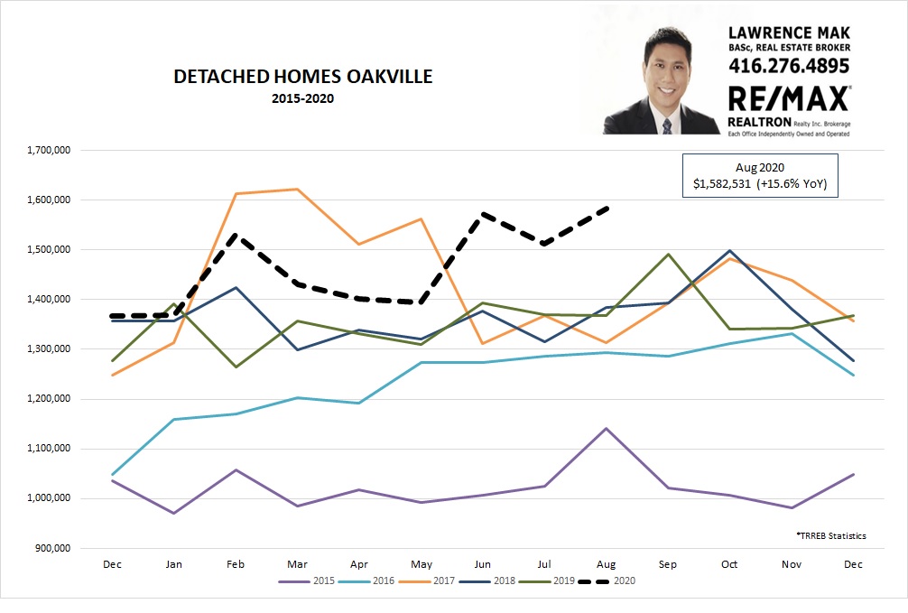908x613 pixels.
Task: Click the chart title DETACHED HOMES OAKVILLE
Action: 302,77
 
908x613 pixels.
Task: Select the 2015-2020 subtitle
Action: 302,98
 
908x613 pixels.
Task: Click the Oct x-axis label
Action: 729,564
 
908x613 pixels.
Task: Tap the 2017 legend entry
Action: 433,581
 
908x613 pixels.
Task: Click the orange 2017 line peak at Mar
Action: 296,190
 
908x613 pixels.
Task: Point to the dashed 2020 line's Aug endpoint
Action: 608,209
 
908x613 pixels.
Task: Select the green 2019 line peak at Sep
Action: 667,254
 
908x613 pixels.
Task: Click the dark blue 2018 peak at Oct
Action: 729,251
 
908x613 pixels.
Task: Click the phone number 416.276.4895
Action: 789,66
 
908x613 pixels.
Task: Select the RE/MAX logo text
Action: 787,98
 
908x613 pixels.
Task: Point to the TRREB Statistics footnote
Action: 831,535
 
